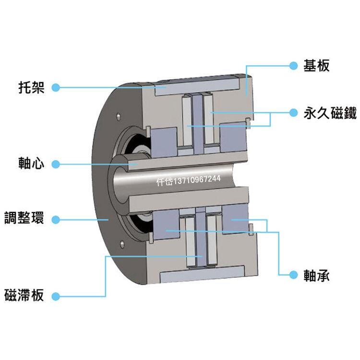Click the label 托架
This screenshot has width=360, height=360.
click(30, 88)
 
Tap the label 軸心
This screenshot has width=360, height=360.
click(30, 164)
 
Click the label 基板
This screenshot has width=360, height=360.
click(317, 66)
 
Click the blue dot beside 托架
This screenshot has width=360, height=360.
click(55, 88)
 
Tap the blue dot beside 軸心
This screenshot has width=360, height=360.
click(55, 164)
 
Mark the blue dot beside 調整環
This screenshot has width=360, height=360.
click(55, 219)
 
